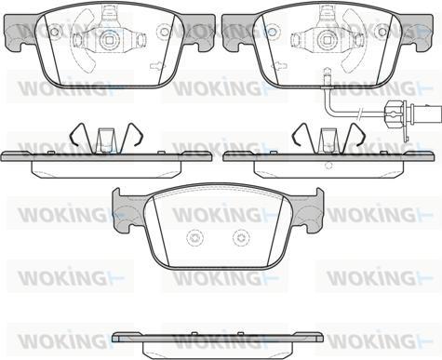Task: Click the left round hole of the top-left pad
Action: [x=54, y=32]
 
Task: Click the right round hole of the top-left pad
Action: [x=164, y=32]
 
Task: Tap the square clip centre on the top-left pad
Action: [x=108, y=39]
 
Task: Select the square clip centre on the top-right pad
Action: [x=326, y=39]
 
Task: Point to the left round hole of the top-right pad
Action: [x=272, y=32]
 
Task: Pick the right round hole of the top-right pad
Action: [x=382, y=32]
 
